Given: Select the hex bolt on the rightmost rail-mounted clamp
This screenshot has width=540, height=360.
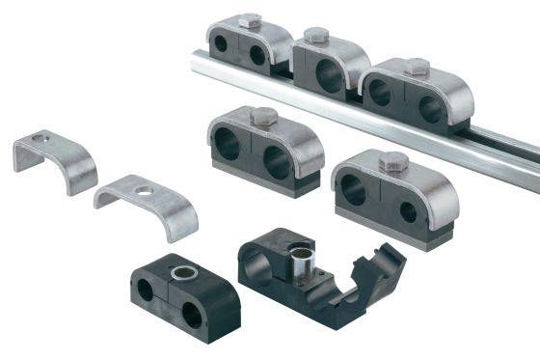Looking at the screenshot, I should point(417,66).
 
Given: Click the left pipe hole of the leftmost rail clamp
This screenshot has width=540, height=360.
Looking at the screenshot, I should point(223,45).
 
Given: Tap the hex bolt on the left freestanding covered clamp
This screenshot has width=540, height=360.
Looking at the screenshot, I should point(262,117).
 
